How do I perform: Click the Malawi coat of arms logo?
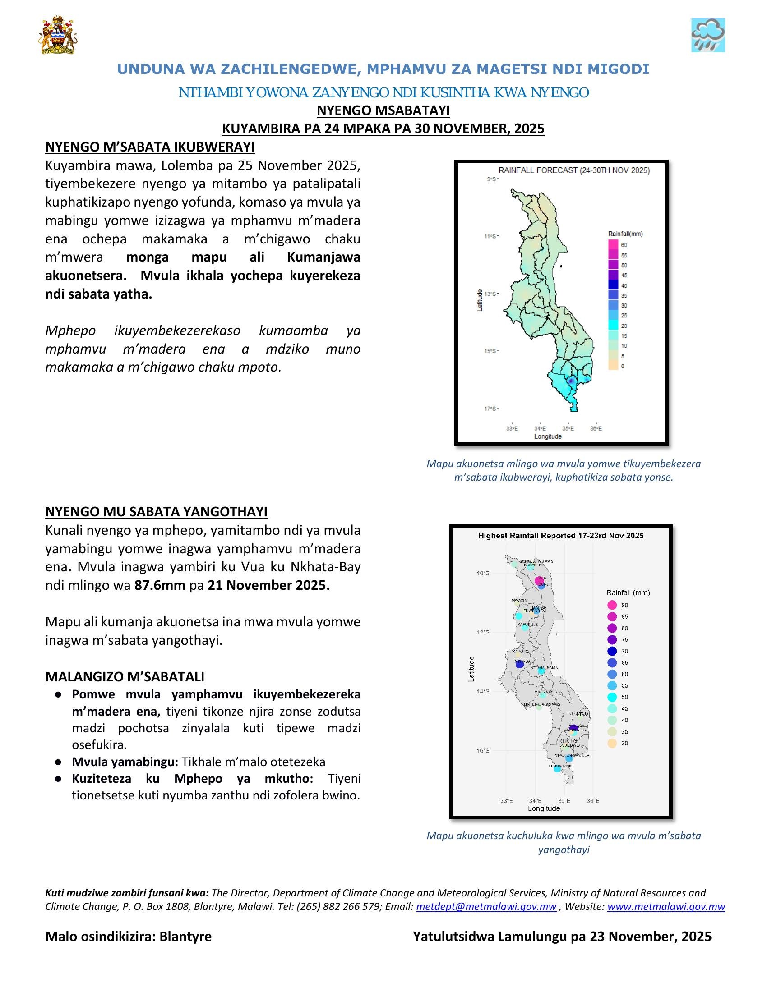click(58, 36)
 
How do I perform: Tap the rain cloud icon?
click(707, 36)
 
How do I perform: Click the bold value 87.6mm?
click(159, 585)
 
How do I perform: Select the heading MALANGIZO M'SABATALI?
click(125, 676)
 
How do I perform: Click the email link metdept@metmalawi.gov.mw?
click(486, 906)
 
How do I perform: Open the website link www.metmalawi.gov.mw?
click(665, 906)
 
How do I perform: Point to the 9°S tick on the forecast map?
click(492, 179)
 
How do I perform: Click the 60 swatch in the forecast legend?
click(614, 245)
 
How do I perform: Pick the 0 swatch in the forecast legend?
click(614, 366)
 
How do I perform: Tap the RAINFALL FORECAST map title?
click(574, 170)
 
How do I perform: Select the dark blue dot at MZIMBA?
click(520, 664)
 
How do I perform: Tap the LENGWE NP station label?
click(559, 766)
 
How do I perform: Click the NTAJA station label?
click(582, 715)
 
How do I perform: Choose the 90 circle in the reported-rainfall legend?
click(612, 605)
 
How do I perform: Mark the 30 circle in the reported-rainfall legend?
click(612, 743)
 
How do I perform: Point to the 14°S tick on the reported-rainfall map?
click(483, 691)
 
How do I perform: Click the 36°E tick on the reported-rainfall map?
click(593, 800)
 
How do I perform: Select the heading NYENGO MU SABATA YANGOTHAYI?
click(156, 511)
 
